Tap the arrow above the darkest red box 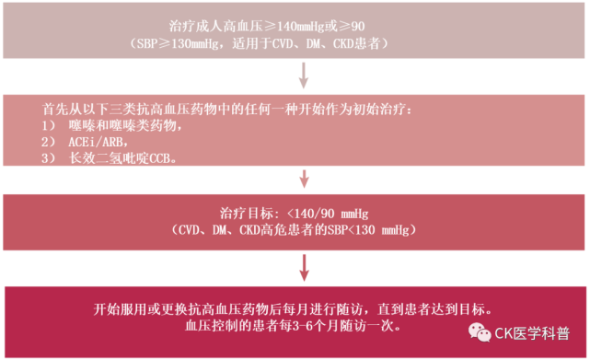[x=304, y=268]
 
